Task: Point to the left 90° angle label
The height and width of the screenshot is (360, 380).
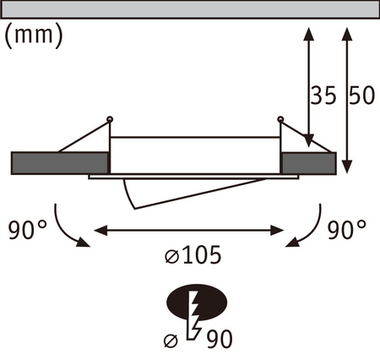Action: [x=23, y=229]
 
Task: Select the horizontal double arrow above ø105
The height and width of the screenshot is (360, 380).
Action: [x=190, y=229]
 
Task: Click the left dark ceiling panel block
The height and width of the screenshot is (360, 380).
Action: [x=60, y=161]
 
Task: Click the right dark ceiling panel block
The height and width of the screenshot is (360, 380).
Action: [x=308, y=161]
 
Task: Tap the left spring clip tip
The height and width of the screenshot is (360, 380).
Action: [x=110, y=117]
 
